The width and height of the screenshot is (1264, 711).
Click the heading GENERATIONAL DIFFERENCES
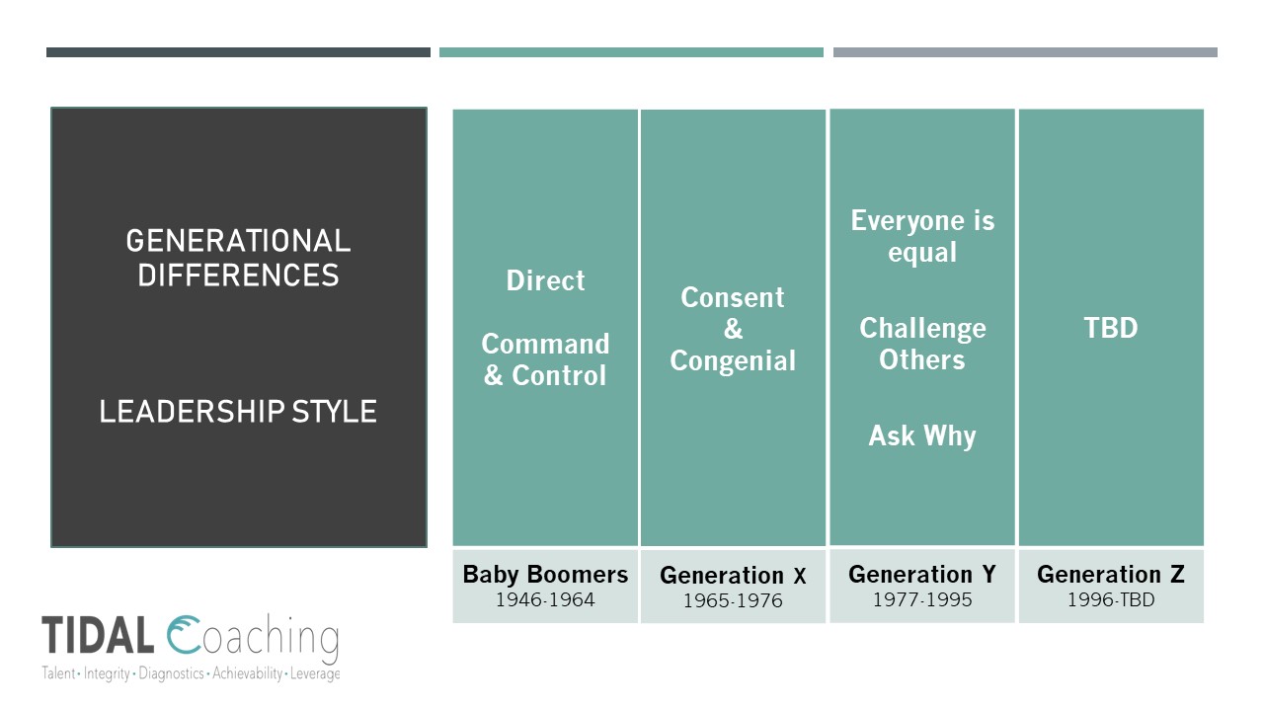pos(238,258)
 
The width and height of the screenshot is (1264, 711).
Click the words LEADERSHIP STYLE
pos(238,411)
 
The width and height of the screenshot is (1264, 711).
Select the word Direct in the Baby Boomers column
pos(545,280)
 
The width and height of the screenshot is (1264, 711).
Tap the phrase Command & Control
pos(545,359)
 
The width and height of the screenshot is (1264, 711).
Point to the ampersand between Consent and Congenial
pos(733,330)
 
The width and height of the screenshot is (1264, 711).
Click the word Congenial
pos(733,361)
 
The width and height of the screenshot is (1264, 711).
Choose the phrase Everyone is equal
pos(922,236)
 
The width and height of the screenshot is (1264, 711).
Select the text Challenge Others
pos(922,344)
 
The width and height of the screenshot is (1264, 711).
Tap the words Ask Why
pos(922,435)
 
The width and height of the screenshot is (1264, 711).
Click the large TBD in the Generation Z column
pos(1111,328)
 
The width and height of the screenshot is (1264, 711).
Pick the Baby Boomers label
pos(545,575)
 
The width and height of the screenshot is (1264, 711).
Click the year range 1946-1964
pos(545,599)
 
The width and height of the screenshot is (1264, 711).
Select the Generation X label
pos(733,576)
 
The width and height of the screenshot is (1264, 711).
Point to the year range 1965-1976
pos(733,600)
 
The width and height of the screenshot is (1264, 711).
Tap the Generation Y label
pos(922,575)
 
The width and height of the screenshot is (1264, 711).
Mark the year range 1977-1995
pos(922,599)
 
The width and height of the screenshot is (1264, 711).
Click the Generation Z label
pos(1111,575)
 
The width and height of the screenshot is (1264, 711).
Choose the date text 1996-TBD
pos(1111,599)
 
